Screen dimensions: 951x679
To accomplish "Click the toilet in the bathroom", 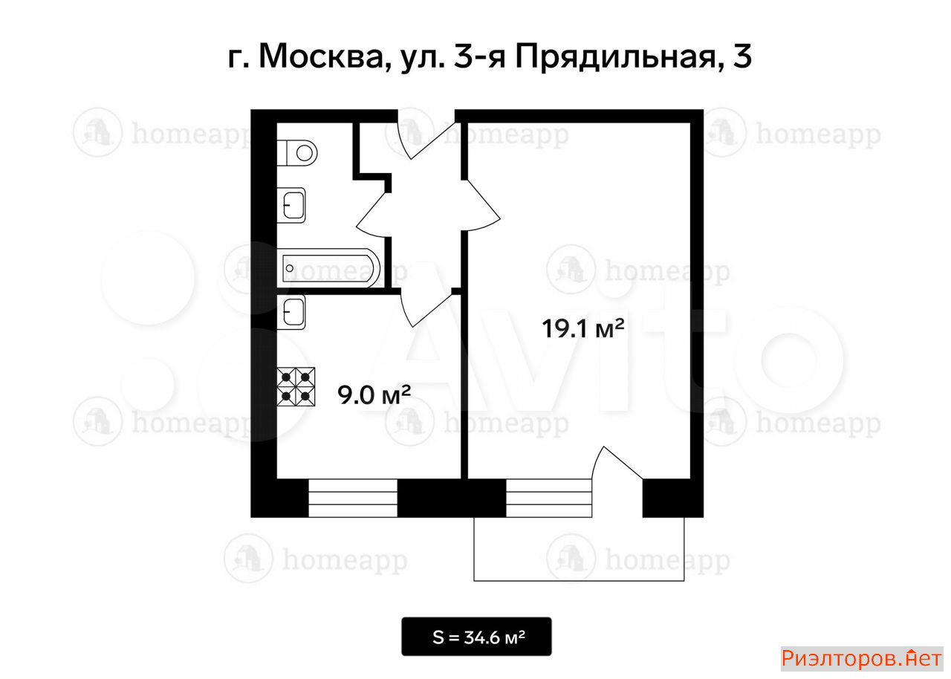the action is pyautogui.click(x=297, y=153).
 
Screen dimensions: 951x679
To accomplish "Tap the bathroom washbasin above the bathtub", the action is pyautogui.click(x=291, y=205).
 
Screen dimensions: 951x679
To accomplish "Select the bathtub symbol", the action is pyautogui.click(x=328, y=268).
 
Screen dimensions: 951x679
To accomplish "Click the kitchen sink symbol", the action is pyautogui.click(x=291, y=312).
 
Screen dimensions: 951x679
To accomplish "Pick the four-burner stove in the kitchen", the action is pyautogui.click(x=296, y=386).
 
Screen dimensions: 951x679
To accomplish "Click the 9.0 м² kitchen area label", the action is pyautogui.click(x=374, y=394).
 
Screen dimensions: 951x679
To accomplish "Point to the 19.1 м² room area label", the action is pyautogui.click(x=583, y=328).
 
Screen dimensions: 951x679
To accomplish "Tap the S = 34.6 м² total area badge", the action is pyautogui.click(x=476, y=637).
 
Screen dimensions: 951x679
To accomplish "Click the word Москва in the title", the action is pyautogui.click(x=322, y=57).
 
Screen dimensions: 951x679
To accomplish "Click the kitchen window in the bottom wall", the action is pyautogui.click(x=353, y=498).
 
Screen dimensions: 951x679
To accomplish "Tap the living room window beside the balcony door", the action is pyautogui.click(x=549, y=498).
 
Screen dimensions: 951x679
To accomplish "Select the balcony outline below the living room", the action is pyautogui.click(x=579, y=580).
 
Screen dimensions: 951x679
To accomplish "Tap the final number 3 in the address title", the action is pyautogui.click(x=742, y=57).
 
